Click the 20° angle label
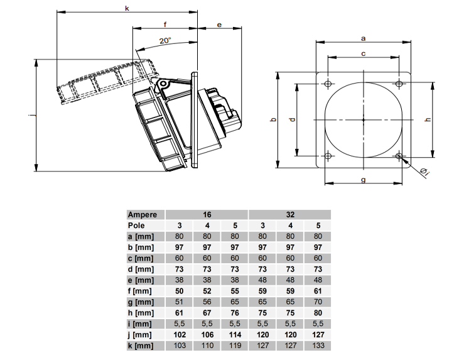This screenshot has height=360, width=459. click(x=165, y=40)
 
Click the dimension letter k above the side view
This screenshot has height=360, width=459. click(x=127, y=8)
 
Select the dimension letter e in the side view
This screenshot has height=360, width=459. click(x=219, y=25)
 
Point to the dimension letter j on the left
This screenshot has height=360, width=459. click(x=33, y=115)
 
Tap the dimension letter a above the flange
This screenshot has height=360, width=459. click(x=364, y=38)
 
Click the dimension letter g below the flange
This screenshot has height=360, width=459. click(x=364, y=180)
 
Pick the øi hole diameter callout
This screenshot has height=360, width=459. click(x=424, y=172)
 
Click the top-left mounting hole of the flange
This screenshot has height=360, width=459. click(x=328, y=84)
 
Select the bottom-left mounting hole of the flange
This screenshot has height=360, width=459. click(x=328, y=156)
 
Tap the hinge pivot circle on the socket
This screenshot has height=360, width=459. click(x=163, y=84)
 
